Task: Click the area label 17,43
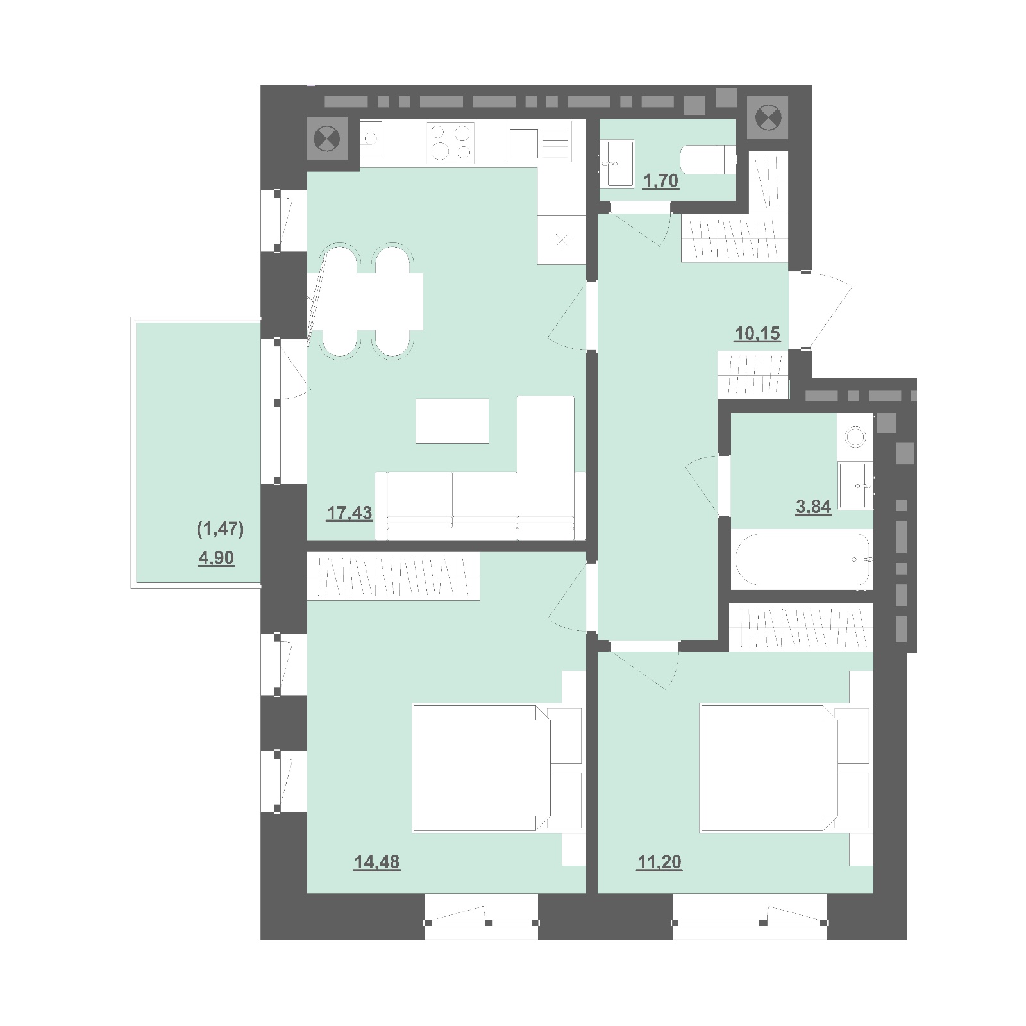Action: tap(349, 514)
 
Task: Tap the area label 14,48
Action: tap(376, 862)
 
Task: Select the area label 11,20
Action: tap(659, 862)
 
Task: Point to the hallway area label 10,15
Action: tap(757, 333)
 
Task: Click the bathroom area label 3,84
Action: tap(813, 507)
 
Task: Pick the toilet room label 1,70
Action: tap(660, 181)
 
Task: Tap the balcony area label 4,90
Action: tap(216, 559)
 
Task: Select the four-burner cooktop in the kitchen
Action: tap(451, 142)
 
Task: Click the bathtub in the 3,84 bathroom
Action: tap(802, 559)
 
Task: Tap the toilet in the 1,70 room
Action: tap(708, 160)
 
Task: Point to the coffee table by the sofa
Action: tap(452, 421)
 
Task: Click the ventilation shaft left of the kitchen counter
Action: tap(327, 139)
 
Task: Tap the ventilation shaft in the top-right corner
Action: tap(768, 118)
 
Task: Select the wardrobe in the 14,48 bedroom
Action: tap(393, 576)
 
